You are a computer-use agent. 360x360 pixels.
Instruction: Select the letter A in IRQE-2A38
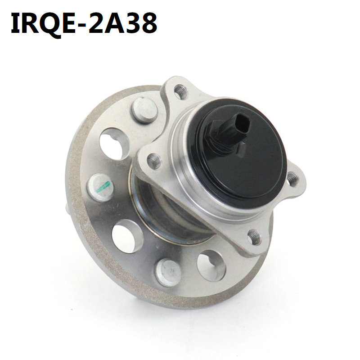111,23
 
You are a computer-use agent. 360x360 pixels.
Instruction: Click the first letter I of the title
16,23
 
